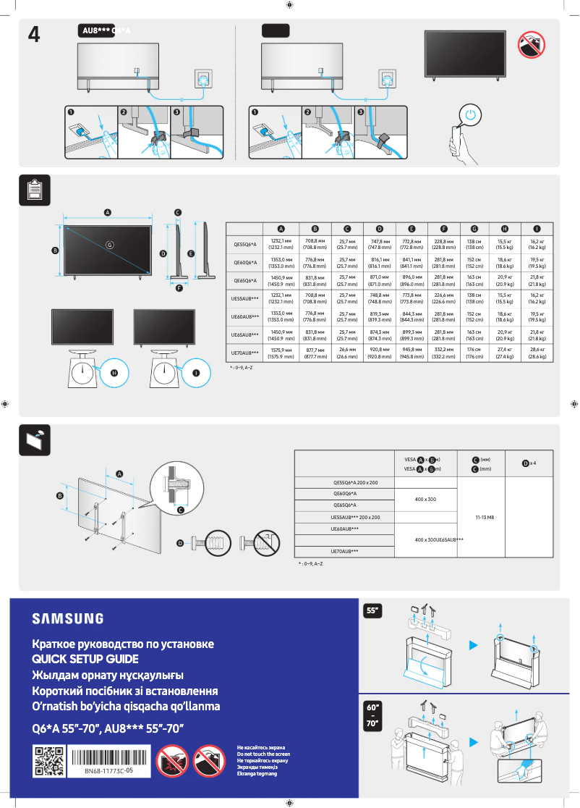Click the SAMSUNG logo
pyautogui.click(x=67, y=618)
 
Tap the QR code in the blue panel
pyautogui.click(x=49, y=762)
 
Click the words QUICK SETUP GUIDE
pyautogui.click(x=85, y=660)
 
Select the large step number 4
pyautogui.click(x=34, y=33)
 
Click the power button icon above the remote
pyautogui.click(x=471, y=115)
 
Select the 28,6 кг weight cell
pyautogui.click(x=537, y=353)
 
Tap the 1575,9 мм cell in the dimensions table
pyautogui.click(x=281, y=353)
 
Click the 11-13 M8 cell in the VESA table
pyautogui.click(x=485, y=518)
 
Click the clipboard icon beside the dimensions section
pyautogui.click(x=33, y=190)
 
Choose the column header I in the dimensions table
pyautogui.click(x=537, y=228)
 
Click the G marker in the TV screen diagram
pyautogui.click(x=110, y=245)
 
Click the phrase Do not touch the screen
pyautogui.click(x=263, y=754)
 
